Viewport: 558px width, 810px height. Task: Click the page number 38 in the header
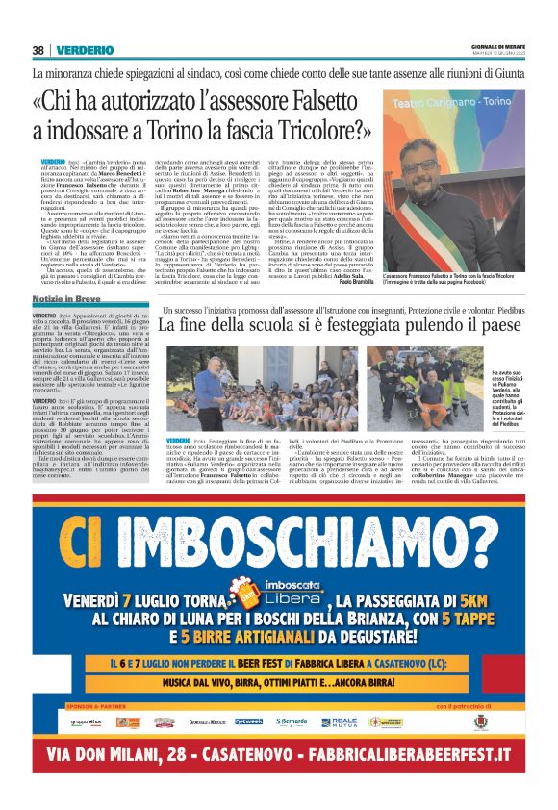pos(38,50)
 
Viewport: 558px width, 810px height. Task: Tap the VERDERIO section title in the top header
pos(85,50)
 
